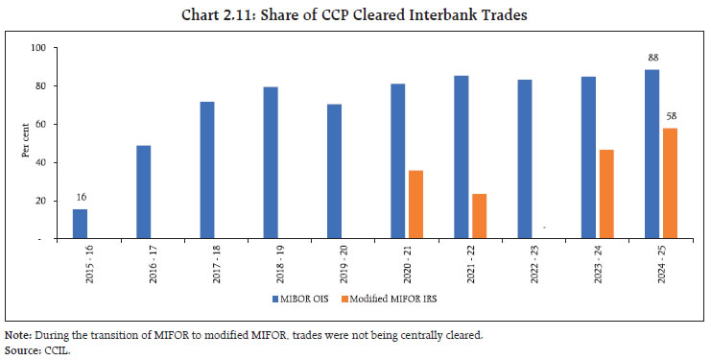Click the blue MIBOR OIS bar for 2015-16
[x=80, y=224]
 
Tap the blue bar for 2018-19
[x=271, y=163]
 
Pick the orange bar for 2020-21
[x=415, y=204]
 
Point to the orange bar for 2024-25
[x=670, y=183]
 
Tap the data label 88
[x=652, y=57]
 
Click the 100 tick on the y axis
[x=39, y=47]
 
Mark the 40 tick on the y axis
[x=41, y=162]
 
